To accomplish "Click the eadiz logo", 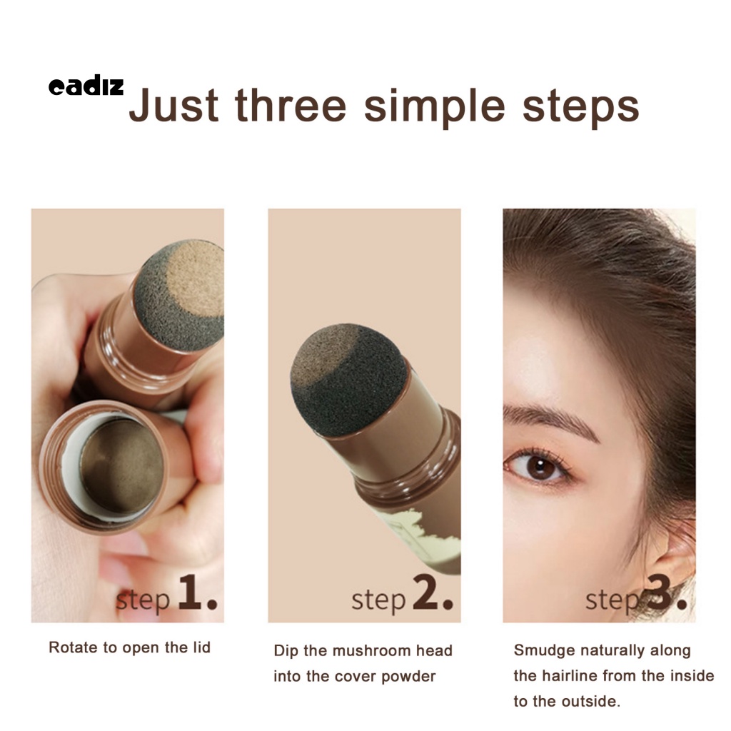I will pyautogui.click(x=86, y=87).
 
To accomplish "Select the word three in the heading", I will pyautogui.click(x=291, y=106).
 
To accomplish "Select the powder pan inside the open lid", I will pyautogui.click(x=121, y=465).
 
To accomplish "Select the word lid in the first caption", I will pyautogui.click(x=201, y=647).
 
